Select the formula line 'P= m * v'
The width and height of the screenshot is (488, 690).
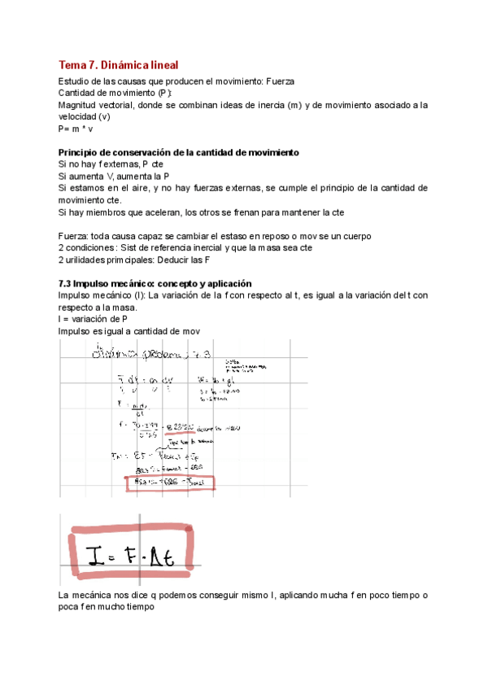(76, 129)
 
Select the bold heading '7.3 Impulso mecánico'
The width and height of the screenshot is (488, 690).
(155, 282)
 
